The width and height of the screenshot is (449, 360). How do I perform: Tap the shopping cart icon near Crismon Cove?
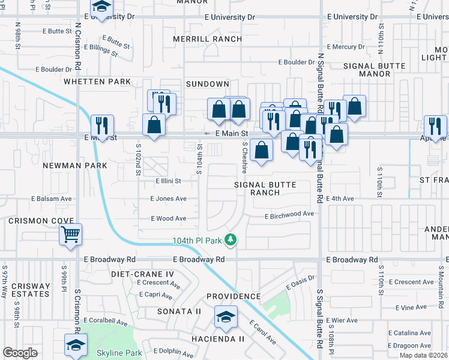71,234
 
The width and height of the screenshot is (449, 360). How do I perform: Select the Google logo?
20,353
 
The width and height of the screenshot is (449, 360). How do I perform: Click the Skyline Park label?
119,353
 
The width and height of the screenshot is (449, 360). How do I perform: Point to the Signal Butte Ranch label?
265,188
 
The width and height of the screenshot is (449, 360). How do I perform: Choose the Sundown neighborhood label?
207,84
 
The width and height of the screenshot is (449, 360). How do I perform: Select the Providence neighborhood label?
234,296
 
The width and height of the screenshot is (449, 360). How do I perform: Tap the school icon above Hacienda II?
226,316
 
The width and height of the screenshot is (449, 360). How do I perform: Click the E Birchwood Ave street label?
289,214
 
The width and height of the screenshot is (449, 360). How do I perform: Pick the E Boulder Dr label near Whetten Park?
53,70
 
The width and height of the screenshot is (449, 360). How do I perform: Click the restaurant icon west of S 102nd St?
102,125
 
